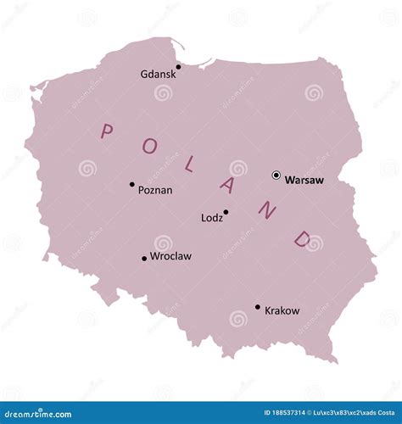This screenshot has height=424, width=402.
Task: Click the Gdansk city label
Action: click(159, 74)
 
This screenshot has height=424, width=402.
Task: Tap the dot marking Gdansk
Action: click(178, 66)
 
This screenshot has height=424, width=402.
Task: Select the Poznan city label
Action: click(155, 190)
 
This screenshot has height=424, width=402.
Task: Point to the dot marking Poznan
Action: click(131, 184)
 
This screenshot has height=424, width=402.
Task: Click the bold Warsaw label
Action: click(304, 180)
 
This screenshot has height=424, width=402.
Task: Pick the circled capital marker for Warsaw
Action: click(276, 176)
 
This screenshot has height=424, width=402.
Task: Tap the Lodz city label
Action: click(212, 218)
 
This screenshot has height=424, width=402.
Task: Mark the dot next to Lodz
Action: click(226, 212)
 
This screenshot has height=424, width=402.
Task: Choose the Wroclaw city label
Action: click(170, 255)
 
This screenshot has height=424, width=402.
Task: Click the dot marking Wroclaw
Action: click(144, 259)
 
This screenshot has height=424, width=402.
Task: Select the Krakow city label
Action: click(282, 310)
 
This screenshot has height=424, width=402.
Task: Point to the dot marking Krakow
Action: click(258, 307)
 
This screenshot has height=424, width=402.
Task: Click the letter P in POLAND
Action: click(107, 131)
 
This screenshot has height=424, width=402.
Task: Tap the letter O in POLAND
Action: click(149, 146)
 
